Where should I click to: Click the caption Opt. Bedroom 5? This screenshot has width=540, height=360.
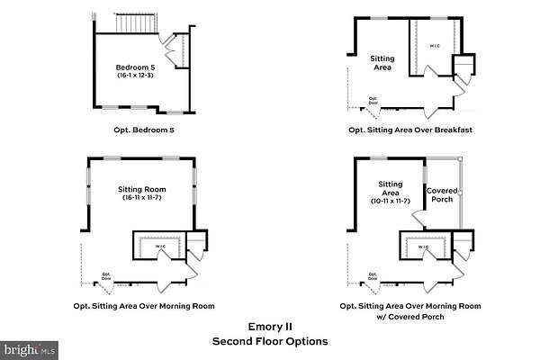click(144, 130)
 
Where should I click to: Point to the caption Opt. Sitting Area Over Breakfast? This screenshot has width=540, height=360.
click(410, 130)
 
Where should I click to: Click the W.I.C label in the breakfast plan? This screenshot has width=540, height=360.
click(434, 46)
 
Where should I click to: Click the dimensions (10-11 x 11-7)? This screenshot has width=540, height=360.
click(390, 200)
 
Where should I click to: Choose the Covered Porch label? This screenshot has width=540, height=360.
click(441, 195)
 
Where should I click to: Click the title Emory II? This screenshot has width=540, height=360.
click(269, 328)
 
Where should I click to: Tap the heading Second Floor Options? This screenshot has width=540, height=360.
click(269, 341)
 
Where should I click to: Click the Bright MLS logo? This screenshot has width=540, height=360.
click(28, 346)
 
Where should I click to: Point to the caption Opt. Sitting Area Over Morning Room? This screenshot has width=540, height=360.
click(144, 306)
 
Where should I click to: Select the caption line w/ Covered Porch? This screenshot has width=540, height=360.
click(410, 318)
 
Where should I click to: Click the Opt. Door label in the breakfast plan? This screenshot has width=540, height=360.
click(373, 101)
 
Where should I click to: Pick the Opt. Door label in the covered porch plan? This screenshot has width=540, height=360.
click(373, 275)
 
